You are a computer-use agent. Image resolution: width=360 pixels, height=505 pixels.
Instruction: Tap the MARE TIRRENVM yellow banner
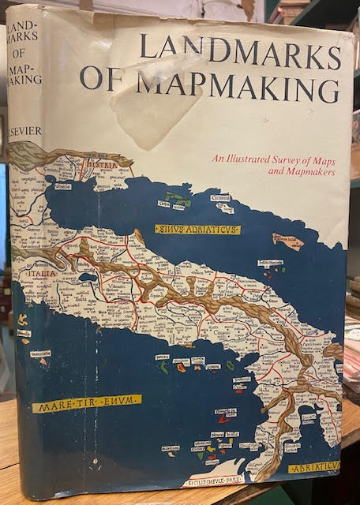87,403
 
